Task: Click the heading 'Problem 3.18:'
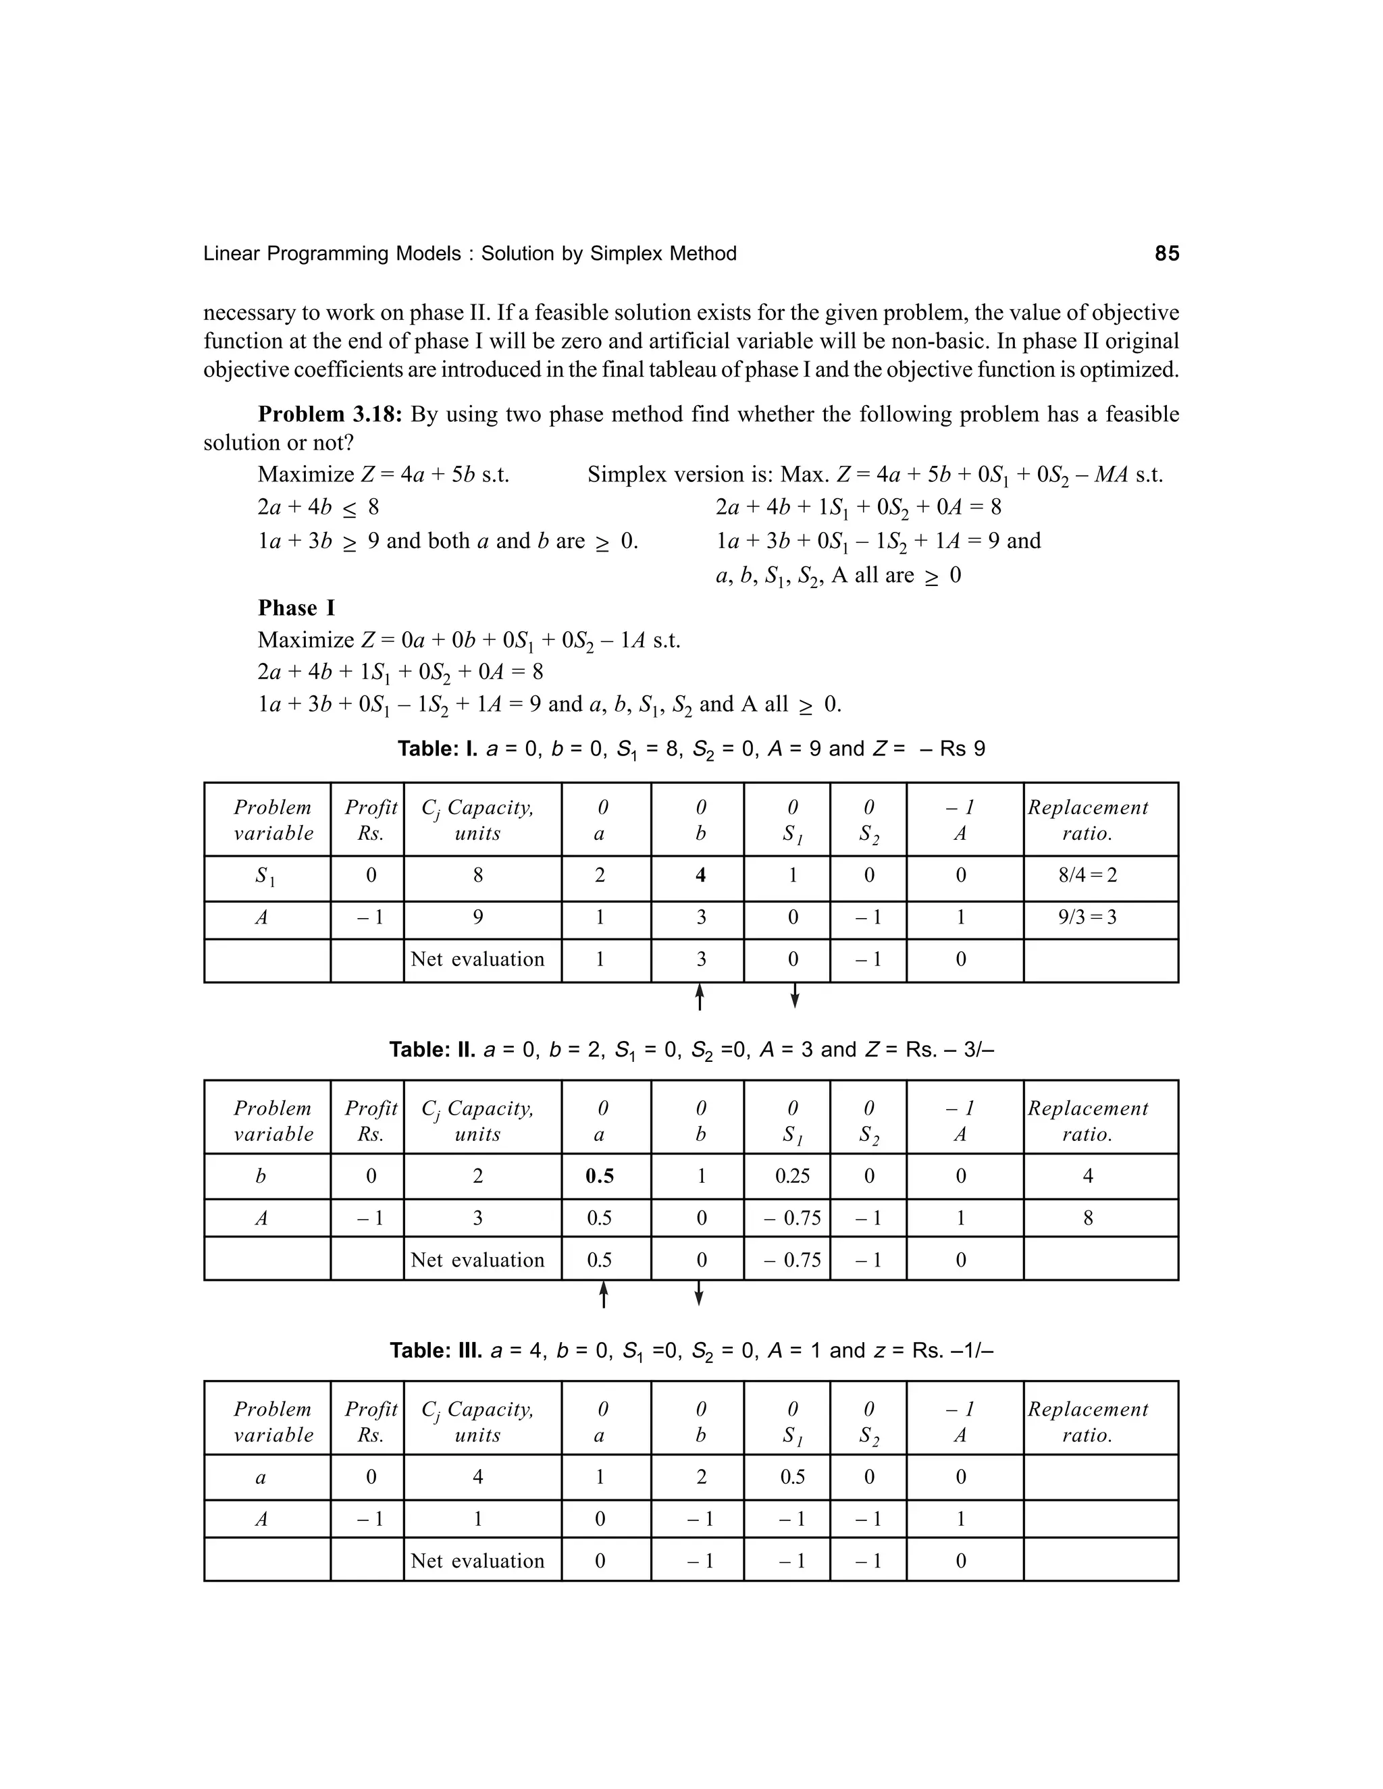click(330, 415)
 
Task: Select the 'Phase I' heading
click(296, 608)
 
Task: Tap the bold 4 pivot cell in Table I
click(700, 876)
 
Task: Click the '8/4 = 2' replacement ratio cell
click(1087, 876)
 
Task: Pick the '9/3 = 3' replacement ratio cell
click(1087, 917)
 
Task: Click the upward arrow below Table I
click(700, 997)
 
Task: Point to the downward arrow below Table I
click(794, 996)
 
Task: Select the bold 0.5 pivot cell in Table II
click(600, 1176)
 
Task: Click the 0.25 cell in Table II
click(792, 1176)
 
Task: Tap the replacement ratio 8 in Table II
click(1087, 1218)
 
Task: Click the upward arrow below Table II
click(604, 1294)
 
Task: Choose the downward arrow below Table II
click(699, 1293)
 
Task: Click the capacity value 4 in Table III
click(477, 1477)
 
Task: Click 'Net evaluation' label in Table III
click(477, 1560)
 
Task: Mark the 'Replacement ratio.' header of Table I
click(1087, 820)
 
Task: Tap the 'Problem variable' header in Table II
click(273, 1121)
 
